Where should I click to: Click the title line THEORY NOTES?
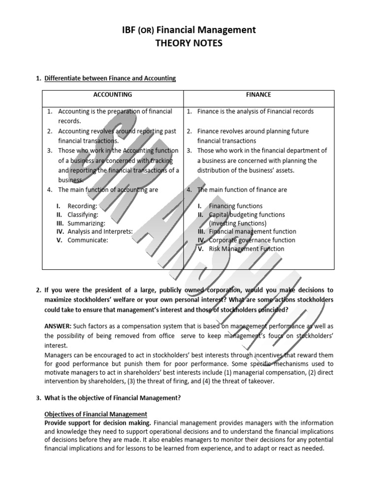click(x=189, y=43)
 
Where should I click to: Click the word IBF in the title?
click(x=129, y=30)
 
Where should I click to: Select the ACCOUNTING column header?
click(x=113, y=94)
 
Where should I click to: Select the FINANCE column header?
click(x=258, y=94)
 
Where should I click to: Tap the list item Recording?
click(x=82, y=206)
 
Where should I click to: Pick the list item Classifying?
click(x=83, y=215)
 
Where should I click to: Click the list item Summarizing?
click(x=86, y=223)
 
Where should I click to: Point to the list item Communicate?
click(x=88, y=240)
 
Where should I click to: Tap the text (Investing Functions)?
click(x=238, y=223)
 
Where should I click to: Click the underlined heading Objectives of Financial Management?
click(x=96, y=414)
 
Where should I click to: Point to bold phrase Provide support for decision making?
click(x=98, y=423)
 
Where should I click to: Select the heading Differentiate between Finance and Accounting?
click(x=110, y=78)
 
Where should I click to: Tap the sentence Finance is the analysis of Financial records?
click(x=255, y=111)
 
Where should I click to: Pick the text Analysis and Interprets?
click(x=100, y=231)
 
